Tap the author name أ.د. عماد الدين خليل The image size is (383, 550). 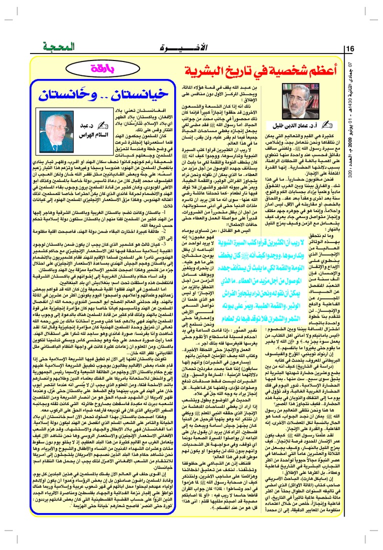click(284, 124)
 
